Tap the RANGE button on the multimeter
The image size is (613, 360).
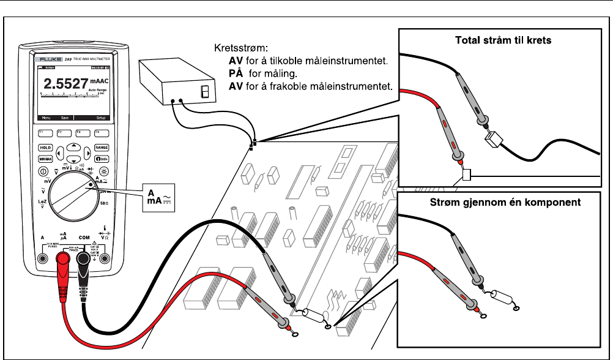point(101,148)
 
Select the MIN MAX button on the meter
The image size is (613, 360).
point(45,159)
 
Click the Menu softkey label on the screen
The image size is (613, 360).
point(45,117)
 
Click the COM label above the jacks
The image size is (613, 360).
point(84,236)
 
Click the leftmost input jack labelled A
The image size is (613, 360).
point(42,258)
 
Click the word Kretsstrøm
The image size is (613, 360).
point(236,47)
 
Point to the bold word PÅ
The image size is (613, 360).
point(234,73)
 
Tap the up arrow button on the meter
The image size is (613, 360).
point(73,145)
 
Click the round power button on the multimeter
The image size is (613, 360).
point(44,172)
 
